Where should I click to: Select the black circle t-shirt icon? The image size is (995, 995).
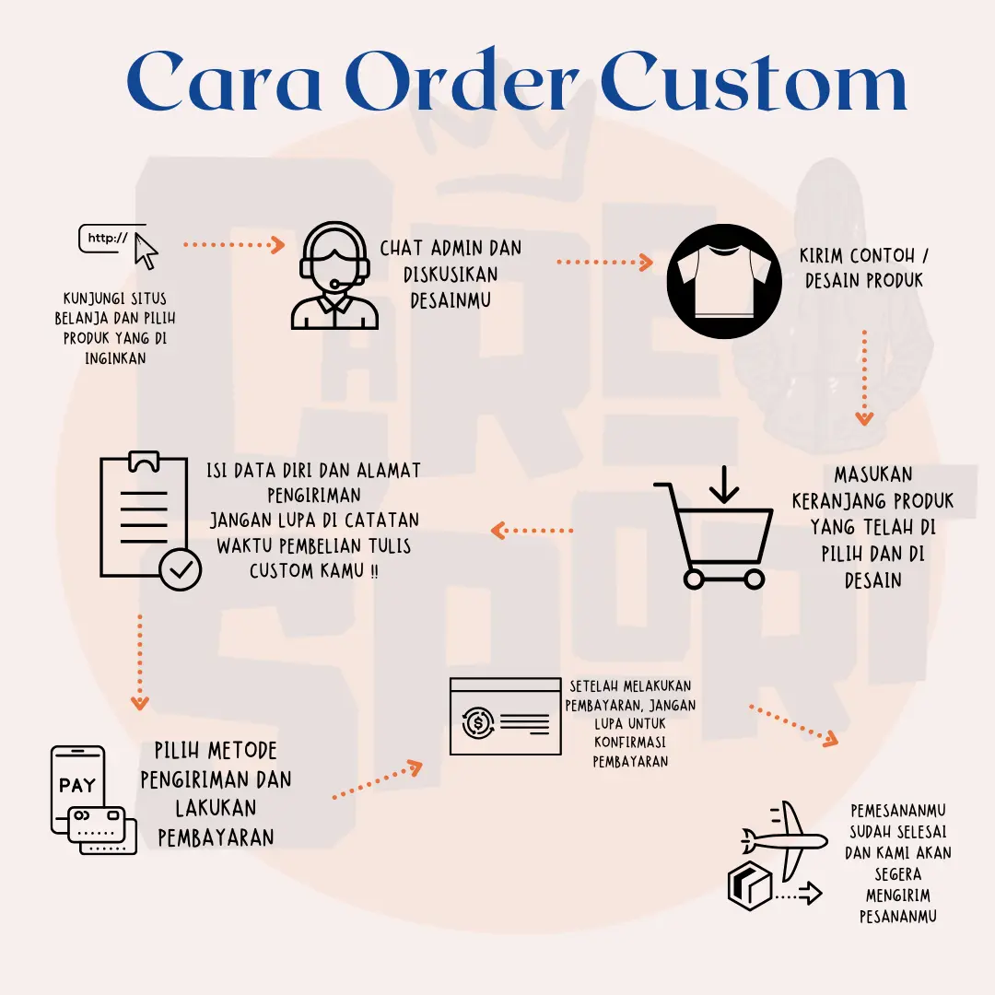pyautogui.click(x=723, y=279)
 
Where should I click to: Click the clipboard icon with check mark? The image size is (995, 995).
pyautogui.click(x=147, y=521)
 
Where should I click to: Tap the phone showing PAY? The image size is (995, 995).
pyautogui.click(x=77, y=789)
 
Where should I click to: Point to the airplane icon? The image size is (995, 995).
pyautogui.click(x=785, y=839)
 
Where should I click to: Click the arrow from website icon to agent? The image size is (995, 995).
pyautogui.click(x=235, y=244)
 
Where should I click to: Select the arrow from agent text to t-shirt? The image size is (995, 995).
pyautogui.click(x=604, y=262)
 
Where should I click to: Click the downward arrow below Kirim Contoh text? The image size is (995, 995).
pyautogui.click(x=864, y=378)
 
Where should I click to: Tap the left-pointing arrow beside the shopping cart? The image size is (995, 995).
pyautogui.click(x=533, y=530)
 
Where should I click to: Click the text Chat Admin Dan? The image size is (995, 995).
pyautogui.click(x=451, y=248)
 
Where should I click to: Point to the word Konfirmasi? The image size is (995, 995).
pyautogui.click(x=630, y=743)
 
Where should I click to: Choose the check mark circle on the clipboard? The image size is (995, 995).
pyautogui.click(x=181, y=570)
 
